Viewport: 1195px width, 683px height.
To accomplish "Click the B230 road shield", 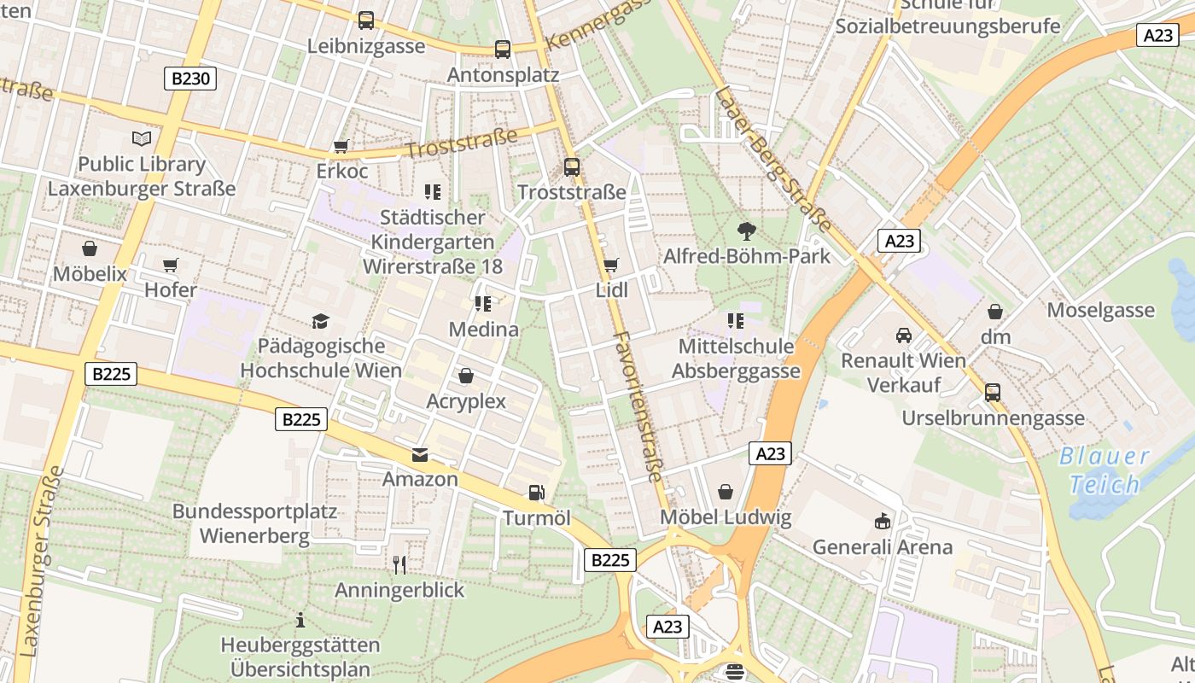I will click(x=189, y=79).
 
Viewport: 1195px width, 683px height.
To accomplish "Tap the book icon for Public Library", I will click(x=142, y=138).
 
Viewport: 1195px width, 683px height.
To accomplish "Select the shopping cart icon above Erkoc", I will click(x=341, y=147).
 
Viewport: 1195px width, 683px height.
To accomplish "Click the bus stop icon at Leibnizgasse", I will click(x=366, y=20).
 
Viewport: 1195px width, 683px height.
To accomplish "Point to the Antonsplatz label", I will click(x=503, y=75).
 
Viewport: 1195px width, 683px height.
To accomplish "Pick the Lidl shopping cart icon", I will click(x=610, y=266).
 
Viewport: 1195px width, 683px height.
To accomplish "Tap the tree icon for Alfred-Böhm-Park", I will click(x=747, y=231).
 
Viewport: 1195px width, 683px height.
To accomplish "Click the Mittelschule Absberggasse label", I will click(x=736, y=359).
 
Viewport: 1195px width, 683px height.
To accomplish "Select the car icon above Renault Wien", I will click(x=904, y=336).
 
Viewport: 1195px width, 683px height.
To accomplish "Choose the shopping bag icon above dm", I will click(x=995, y=312).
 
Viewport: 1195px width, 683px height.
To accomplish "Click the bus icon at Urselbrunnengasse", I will click(x=993, y=393).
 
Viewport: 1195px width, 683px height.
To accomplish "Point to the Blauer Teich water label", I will click(x=1105, y=470).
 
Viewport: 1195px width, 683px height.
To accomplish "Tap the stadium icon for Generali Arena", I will click(x=883, y=521).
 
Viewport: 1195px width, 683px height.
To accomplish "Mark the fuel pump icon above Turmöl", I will click(x=536, y=493).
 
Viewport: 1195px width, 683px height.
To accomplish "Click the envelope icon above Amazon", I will click(x=420, y=453).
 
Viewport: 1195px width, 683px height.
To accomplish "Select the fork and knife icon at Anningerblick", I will click(x=399, y=564).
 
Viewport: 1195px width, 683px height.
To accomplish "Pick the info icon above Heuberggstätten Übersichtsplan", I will click(x=300, y=620).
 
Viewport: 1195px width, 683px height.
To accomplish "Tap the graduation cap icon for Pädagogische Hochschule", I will click(x=320, y=321).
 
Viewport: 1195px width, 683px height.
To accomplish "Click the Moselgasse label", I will click(x=1100, y=310).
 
